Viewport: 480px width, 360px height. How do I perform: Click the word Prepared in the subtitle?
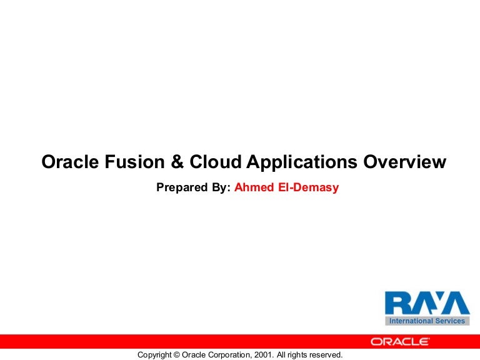tap(182, 187)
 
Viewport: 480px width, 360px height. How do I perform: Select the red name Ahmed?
tap(253, 187)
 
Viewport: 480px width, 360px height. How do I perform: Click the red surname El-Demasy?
tap(308, 187)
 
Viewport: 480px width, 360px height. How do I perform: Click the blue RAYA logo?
tap(427, 304)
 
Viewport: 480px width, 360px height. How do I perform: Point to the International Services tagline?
tap(427, 321)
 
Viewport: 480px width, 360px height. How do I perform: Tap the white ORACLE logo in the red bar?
tap(400, 341)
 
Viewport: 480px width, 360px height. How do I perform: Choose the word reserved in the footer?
tap(327, 354)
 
